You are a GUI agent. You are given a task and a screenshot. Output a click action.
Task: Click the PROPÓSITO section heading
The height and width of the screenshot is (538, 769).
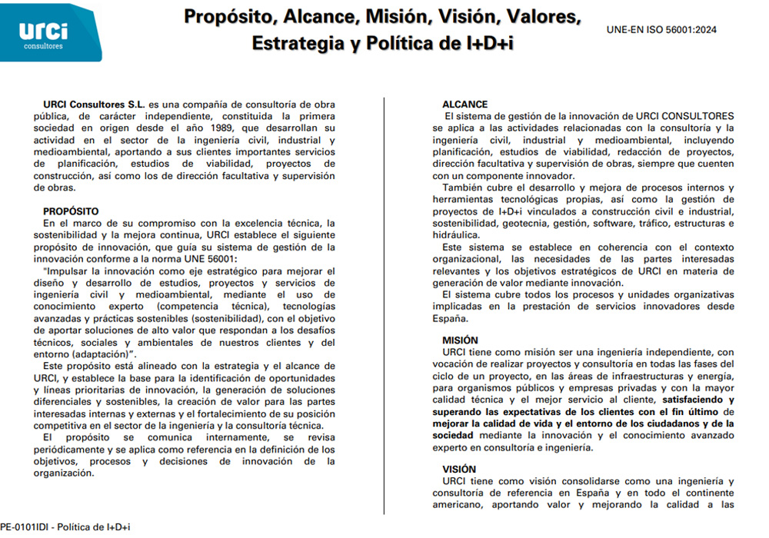coord(71,211)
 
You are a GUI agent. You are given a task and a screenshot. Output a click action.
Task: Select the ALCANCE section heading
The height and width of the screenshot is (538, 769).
coord(464,105)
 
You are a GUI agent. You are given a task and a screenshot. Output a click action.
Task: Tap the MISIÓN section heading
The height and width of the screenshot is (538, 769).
coord(460,340)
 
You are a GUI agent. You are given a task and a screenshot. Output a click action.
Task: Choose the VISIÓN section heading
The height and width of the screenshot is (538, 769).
coord(459,469)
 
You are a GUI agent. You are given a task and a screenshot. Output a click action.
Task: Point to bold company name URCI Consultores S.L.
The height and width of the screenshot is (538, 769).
coord(95,105)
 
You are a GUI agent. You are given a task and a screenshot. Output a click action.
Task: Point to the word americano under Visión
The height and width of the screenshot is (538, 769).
coord(461,505)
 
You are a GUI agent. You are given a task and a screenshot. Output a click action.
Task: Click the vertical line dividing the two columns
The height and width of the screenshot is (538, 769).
coord(384,307)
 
